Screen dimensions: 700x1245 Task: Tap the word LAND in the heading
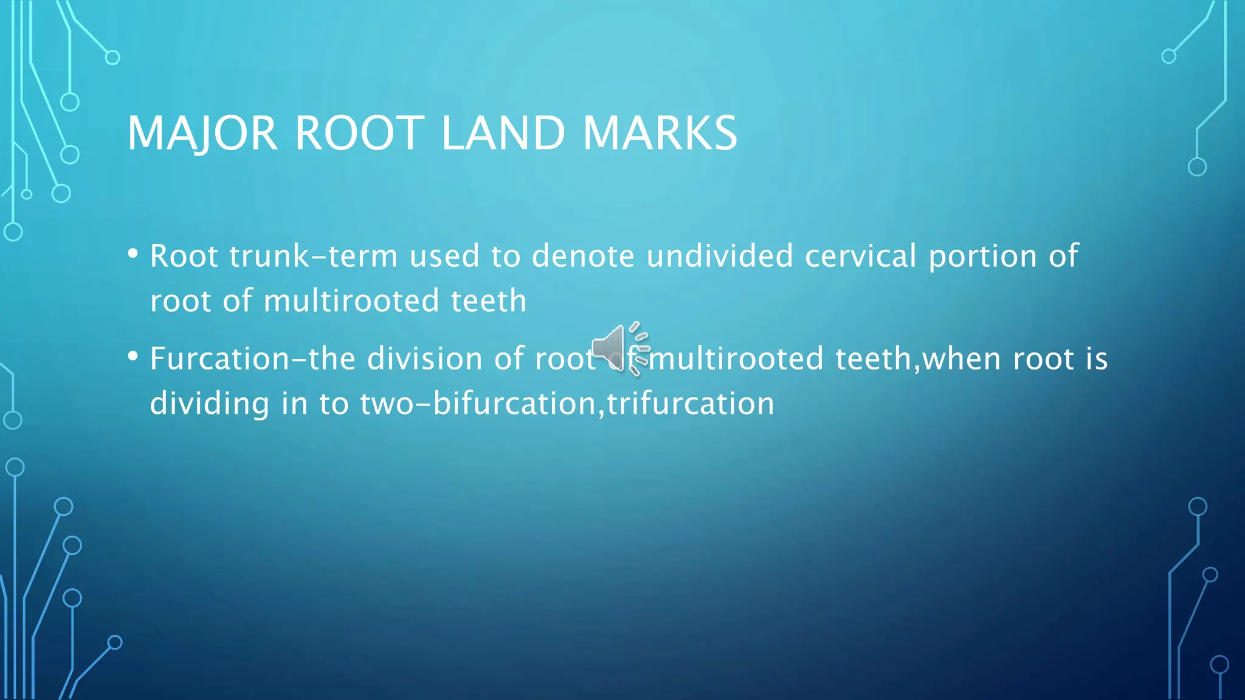pos(503,133)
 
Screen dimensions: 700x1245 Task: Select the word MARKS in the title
pos(660,133)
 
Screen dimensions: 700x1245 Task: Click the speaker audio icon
pos(619,349)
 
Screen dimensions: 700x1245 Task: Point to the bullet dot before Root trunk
pos(133,253)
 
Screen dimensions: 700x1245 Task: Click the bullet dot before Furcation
pos(133,356)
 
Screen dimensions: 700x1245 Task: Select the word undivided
pos(720,256)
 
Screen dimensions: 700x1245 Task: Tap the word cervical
pos(861,256)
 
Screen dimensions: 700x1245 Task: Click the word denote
pos(583,256)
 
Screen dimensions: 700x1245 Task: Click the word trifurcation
pos(691,403)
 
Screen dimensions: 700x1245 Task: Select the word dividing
pos(210,403)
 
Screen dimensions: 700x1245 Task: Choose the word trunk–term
pos(314,256)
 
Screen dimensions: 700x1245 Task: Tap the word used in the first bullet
pos(444,256)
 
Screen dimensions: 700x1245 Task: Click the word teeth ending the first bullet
pos(488,301)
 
